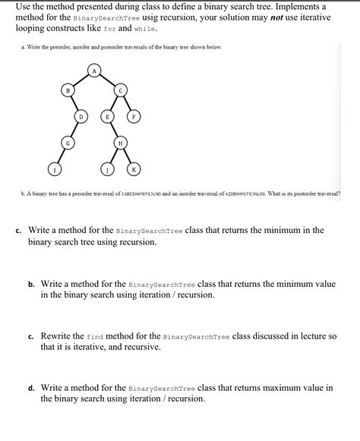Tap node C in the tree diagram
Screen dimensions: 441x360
point(120,90)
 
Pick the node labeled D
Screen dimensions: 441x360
point(81,117)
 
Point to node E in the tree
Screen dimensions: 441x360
point(107,117)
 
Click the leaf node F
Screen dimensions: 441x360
point(134,117)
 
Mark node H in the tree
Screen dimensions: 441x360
point(120,143)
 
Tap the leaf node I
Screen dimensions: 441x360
point(54,169)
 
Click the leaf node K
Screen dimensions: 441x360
point(134,169)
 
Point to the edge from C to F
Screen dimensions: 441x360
point(127,103)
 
